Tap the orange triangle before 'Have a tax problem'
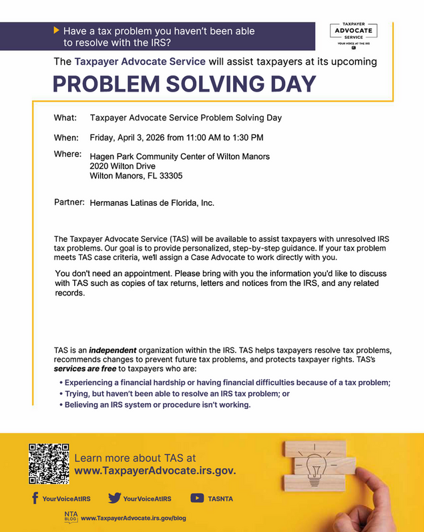[x=56, y=30]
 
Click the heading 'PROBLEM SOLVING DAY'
[x=184, y=84]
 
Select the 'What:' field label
[x=65, y=118]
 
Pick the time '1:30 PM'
[x=247, y=138]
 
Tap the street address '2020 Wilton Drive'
[x=123, y=166]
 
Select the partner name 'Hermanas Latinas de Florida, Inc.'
[x=152, y=203]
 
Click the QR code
[x=49, y=463]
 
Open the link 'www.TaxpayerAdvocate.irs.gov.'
[x=155, y=471]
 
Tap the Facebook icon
[x=34, y=498]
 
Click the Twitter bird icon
[x=114, y=498]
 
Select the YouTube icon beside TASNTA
[x=197, y=498]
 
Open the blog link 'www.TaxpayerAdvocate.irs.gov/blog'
[x=133, y=518]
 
